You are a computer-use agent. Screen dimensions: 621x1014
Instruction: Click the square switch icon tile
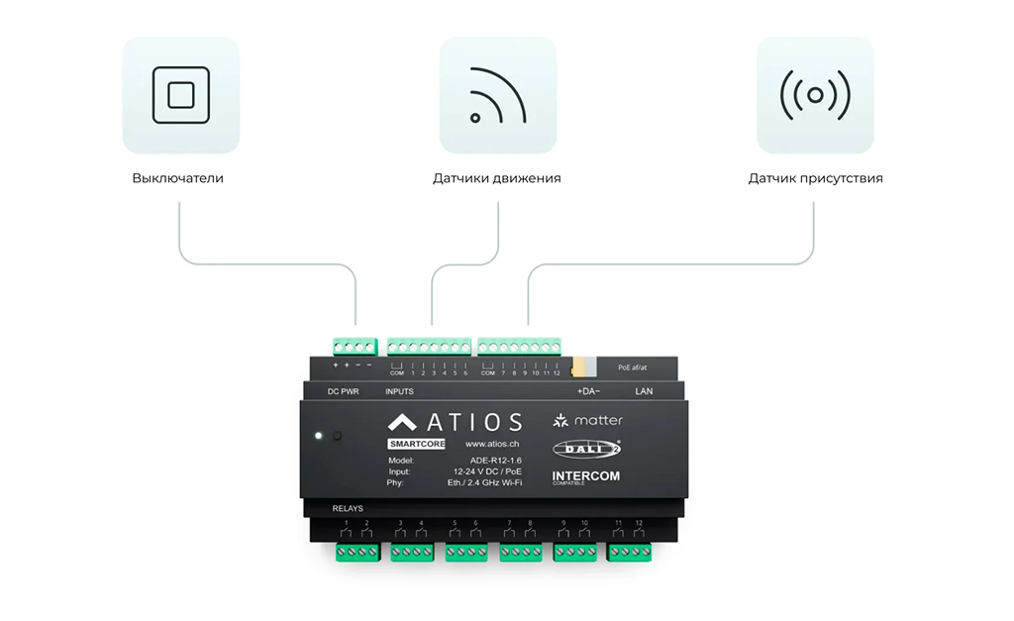(181, 95)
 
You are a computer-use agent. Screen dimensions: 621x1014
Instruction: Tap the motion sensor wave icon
(498, 95)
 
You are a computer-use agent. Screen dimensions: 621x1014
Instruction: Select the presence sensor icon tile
(815, 95)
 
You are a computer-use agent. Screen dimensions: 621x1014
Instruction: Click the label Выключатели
(178, 178)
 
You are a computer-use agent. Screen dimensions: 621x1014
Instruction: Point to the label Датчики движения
(497, 178)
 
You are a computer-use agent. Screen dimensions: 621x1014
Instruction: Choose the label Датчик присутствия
(816, 178)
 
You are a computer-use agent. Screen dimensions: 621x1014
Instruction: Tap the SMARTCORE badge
(418, 444)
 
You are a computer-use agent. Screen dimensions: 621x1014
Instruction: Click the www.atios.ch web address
(492, 444)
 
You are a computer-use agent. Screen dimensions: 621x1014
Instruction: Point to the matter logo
(588, 421)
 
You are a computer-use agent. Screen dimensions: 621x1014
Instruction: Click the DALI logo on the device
(586, 449)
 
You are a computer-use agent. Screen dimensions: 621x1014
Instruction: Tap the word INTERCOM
(586, 476)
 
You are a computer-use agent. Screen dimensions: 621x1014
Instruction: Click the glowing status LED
(318, 435)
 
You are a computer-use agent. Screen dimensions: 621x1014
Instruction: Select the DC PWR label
(344, 392)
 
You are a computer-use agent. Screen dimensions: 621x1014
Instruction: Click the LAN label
(644, 392)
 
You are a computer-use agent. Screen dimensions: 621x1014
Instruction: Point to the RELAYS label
(348, 509)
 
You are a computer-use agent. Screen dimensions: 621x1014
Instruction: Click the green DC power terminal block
(355, 346)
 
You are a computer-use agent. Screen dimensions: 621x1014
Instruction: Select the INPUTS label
(399, 392)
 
